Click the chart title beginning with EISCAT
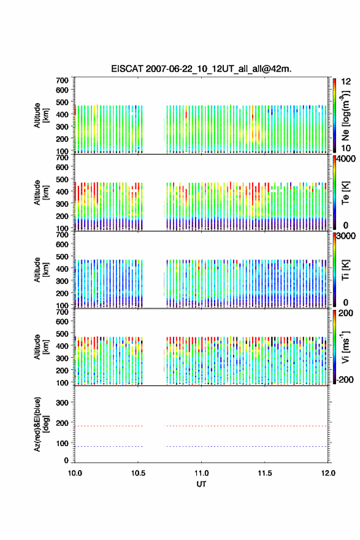pos(201,69)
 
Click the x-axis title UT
pos(201,484)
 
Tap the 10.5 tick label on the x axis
pos(138,473)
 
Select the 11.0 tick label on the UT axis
pos(201,473)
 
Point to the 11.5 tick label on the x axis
pos(265,473)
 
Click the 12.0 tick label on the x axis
pos(328,473)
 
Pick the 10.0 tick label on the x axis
pos(75,473)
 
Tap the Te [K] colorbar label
pos(345,193)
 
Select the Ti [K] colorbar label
pos(345,270)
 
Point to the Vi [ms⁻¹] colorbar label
pos(345,347)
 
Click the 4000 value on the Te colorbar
pos(347,159)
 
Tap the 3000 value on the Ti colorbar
pos(347,236)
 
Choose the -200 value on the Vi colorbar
pos(345,379)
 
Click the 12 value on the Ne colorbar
pos(347,82)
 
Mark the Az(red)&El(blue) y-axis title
pos(42,424)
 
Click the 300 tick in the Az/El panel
pos(62,403)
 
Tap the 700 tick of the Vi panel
pos(62,312)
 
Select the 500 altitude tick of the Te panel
pos(62,179)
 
